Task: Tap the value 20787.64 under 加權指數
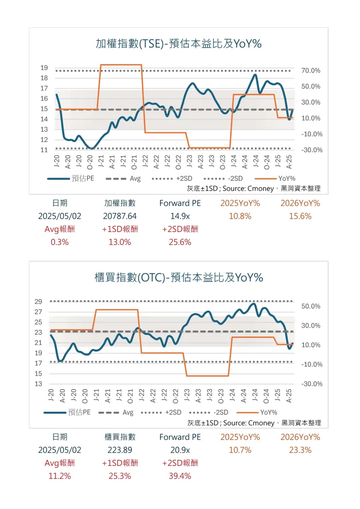point(120,216)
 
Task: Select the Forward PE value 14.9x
point(180,216)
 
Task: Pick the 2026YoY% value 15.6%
point(300,216)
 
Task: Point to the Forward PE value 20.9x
point(180,450)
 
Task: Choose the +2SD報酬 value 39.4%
point(180,476)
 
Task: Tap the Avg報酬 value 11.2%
point(59,476)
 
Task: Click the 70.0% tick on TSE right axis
point(311,71)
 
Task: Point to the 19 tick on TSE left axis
point(44,68)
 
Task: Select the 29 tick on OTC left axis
point(38,301)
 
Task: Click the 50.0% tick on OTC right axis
point(311,306)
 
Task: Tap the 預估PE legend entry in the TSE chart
point(83,178)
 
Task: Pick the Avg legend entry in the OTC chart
point(127,412)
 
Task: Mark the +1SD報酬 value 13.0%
point(120,242)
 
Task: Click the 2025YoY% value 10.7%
point(240,450)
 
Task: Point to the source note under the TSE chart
point(253,188)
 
